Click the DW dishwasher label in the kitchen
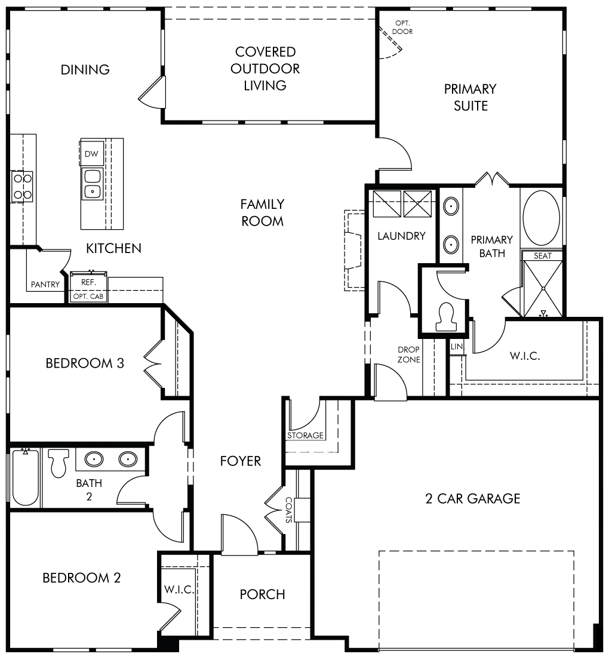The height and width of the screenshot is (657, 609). [91, 154]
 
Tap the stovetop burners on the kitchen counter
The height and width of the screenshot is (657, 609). [22, 186]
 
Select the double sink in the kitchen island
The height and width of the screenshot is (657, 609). [92, 184]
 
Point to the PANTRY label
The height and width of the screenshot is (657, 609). [45, 285]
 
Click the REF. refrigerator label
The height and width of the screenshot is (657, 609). [88, 282]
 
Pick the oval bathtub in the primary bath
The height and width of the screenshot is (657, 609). [542, 218]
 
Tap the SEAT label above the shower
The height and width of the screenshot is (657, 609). [543, 255]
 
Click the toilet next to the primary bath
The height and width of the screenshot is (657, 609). [445, 317]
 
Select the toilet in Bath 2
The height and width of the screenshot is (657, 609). [59, 463]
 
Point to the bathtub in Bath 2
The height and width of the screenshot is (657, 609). [26, 477]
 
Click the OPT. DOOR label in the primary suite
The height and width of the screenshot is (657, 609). [402, 27]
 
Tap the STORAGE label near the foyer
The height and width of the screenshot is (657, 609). [305, 436]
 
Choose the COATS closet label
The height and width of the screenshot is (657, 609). [289, 510]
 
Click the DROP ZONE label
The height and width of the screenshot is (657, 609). [408, 354]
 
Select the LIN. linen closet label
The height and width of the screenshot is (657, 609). [457, 347]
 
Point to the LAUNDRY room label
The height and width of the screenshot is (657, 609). [402, 236]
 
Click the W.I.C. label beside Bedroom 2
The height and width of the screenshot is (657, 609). [179, 590]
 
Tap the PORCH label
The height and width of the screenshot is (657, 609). [262, 594]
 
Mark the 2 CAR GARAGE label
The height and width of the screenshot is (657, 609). [473, 498]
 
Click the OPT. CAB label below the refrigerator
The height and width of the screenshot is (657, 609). [88, 296]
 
